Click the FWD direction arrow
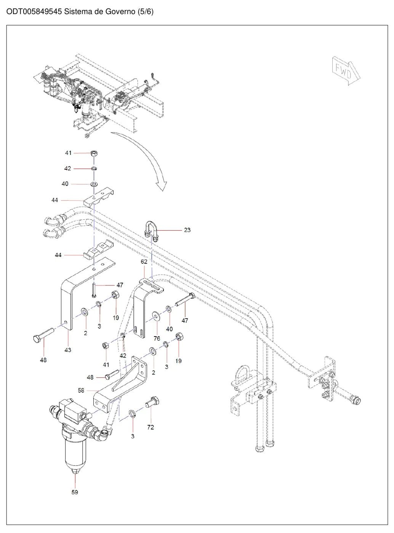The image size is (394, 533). tap(346, 71)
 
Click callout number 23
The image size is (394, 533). tap(187, 230)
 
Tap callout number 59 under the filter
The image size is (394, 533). tap(75, 492)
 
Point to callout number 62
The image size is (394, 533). tap(144, 262)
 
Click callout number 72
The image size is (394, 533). tap(151, 427)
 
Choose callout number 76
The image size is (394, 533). tap(157, 338)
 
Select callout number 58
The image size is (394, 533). tap(81, 390)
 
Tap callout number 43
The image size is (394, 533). tap(67, 350)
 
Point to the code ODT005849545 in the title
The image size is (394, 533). tap(34, 11)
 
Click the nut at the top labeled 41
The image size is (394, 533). tap(94, 153)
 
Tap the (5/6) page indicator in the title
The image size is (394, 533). tap(145, 11)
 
